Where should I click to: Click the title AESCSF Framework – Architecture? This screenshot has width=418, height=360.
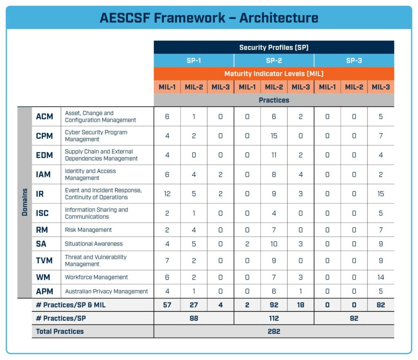pyautogui.click(x=209, y=18)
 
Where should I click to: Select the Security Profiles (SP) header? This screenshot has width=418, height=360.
pyautogui.click(x=273, y=47)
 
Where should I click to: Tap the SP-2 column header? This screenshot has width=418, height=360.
pyautogui.click(x=273, y=60)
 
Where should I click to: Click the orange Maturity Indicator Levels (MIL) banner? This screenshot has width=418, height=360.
pyautogui.click(x=273, y=74)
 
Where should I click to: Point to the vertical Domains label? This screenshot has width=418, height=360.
pyautogui.click(x=24, y=202)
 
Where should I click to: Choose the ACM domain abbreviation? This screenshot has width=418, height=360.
pyautogui.click(x=44, y=116)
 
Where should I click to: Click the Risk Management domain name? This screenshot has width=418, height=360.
pyautogui.click(x=88, y=230)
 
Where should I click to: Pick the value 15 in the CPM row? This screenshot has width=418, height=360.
pyautogui.click(x=273, y=136)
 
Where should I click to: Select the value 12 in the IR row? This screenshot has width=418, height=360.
pyautogui.click(x=167, y=193)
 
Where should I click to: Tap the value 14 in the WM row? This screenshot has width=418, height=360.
pyautogui.click(x=380, y=277)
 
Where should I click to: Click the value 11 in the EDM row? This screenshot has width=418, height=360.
pyautogui.click(x=273, y=155)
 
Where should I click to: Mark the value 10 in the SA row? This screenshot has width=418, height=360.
pyautogui.click(x=273, y=244)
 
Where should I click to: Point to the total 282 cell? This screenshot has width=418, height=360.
pyautogui.click(x=273, y=331)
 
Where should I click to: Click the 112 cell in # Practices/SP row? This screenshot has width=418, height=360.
pyautogui.click(x=273, y=318)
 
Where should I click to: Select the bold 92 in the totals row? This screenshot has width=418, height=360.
pyautogui.click(x=273, y=305)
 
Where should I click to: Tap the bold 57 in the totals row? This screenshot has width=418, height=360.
pyautogui.click(x=167, y=305)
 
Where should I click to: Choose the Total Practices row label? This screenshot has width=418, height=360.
pyautogui.click(x=60, y=331)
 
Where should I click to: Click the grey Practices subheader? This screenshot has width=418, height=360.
pyautogui.click(x=273, y=100)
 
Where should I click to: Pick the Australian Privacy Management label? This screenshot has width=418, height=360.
pyautogui.click(x=106, y=291)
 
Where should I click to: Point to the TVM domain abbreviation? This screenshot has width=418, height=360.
pyautogui.click(x=44, y=260)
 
